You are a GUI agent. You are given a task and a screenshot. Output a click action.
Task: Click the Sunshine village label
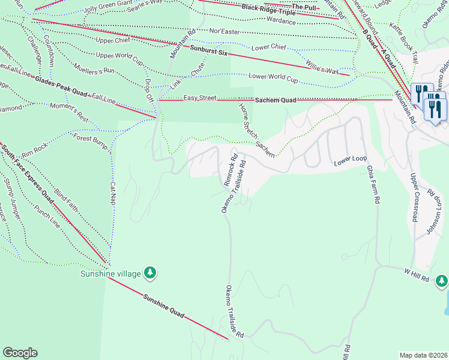110,274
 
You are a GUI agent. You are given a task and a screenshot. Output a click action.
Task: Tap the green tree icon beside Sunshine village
150,274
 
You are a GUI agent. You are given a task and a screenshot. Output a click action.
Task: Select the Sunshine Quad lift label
162,304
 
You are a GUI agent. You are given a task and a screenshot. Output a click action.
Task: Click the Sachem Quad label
276,100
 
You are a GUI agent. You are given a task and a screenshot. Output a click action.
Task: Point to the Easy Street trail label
199,98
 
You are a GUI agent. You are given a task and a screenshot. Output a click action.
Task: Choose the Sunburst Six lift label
210,50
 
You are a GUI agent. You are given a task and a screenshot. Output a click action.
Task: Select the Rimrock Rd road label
231,170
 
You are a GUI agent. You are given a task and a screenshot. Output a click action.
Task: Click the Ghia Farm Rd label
373,178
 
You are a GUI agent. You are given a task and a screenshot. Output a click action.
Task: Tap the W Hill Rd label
417,275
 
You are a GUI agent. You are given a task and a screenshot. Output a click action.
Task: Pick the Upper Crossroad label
414,197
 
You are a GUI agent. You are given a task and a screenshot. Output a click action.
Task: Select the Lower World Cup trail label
273,78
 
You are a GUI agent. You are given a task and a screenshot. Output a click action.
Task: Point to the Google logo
20,353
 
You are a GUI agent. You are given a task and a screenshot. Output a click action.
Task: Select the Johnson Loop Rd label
436,213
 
